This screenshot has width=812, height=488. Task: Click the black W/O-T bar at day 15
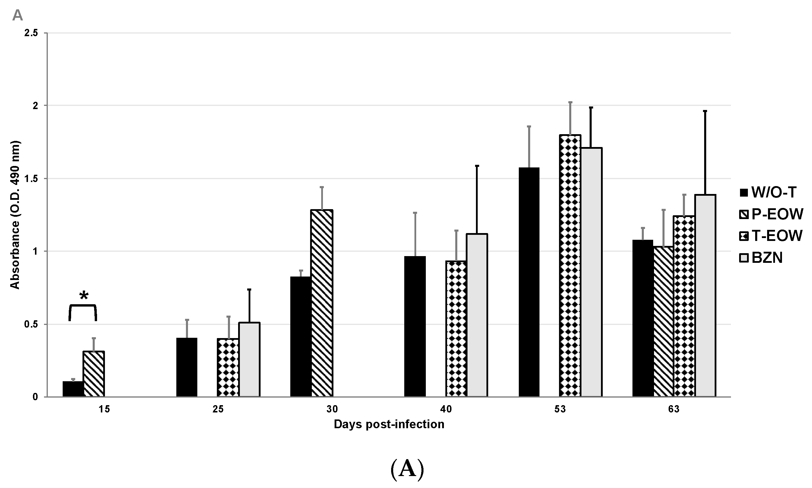click(73, 389)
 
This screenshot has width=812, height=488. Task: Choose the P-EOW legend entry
click(771, 214)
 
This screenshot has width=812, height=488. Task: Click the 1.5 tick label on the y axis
click(31, 179)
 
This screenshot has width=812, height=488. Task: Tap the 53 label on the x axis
click(560, 410)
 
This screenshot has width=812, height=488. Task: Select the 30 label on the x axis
click(332, 410)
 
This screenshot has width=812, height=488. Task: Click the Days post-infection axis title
click(389, 424)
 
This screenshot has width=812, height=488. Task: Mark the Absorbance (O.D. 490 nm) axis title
click(15, 215)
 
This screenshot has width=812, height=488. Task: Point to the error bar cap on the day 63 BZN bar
click(705, 111)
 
